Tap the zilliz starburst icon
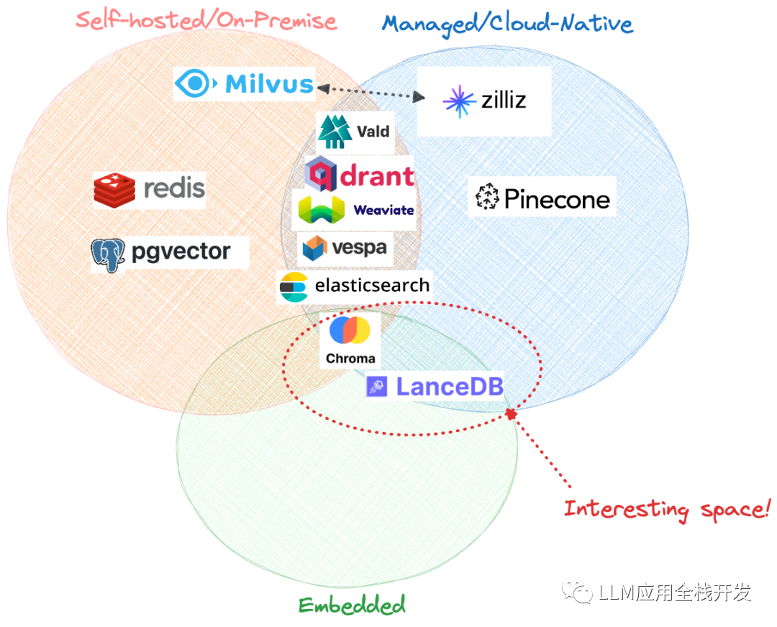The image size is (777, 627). click(x=459, y=101)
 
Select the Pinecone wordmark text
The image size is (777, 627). click(x=557, y=198)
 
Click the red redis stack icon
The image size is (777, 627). click(x=114, y=188)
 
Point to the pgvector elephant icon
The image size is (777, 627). click(x=108, y=254)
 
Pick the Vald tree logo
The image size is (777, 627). click(x=335, y=132)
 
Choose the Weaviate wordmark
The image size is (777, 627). click(x=383, y=210)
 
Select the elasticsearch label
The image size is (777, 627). click(x=372, y=285)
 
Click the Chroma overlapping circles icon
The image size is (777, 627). click(x=350, y=331)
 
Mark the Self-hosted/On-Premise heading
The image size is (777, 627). click(x=206, y=19)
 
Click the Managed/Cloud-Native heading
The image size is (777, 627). click(x=507, y=24)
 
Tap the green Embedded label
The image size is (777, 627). click(x=352, y=605)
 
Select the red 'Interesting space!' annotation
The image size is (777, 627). click(x=666, y=510)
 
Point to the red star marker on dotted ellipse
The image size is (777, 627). click(x=512, y=414)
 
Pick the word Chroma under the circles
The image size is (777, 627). click(x=350, y=358)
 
